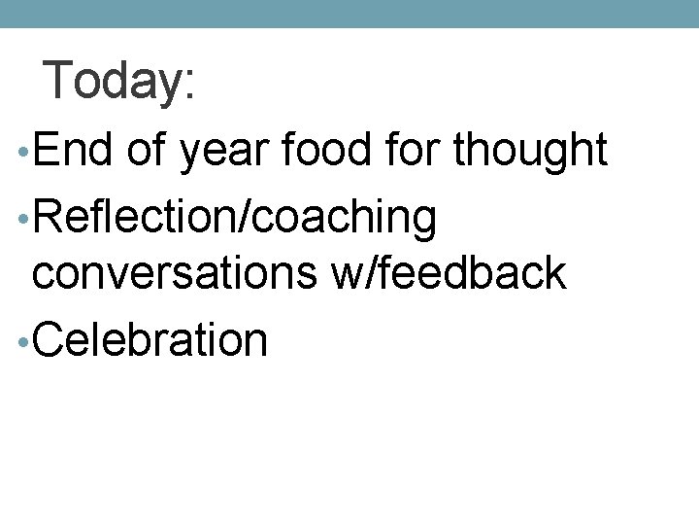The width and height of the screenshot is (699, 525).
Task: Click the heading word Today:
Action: point(119,82)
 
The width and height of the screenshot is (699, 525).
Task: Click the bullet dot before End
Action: point(22,156)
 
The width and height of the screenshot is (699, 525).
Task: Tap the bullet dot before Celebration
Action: point(22,341)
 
